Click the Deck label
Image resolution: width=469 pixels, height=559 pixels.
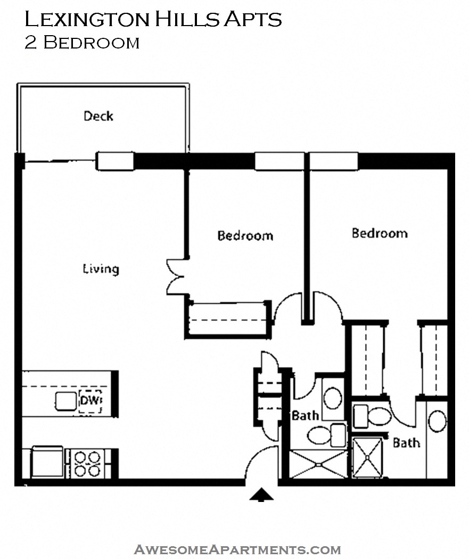point(98,116)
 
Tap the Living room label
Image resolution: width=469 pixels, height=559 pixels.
point(101,269)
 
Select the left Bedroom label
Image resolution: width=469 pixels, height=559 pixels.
point(245,236)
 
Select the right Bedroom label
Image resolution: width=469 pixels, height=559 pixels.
point(380,233)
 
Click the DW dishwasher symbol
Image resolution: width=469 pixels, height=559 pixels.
point(90,401)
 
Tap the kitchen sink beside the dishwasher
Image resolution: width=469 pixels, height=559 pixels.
point(66,401)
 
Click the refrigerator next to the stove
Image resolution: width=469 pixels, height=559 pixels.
point(47,461)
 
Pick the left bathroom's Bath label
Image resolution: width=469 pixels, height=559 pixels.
point(305,415)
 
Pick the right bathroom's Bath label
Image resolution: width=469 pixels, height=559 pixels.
point(406,443)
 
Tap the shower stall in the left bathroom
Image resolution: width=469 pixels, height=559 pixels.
point(318,464)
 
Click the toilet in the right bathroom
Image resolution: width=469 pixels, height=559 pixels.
point(373,416)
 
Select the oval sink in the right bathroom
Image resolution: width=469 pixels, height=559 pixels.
point(437,421)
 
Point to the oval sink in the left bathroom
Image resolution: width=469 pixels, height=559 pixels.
point(333,398)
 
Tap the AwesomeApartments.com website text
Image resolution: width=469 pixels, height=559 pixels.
point(237,549)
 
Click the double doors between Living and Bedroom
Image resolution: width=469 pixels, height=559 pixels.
point(175,277)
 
